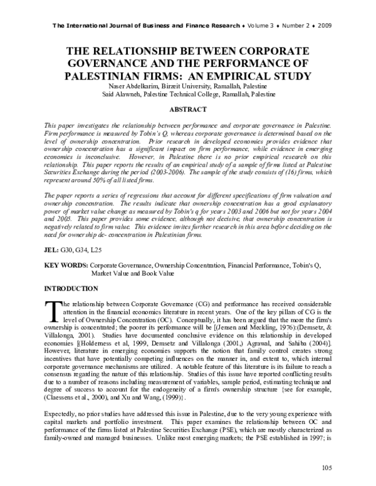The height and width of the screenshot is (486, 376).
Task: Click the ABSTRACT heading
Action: coord(188,109)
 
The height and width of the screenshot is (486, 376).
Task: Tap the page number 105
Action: coord(326,468)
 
